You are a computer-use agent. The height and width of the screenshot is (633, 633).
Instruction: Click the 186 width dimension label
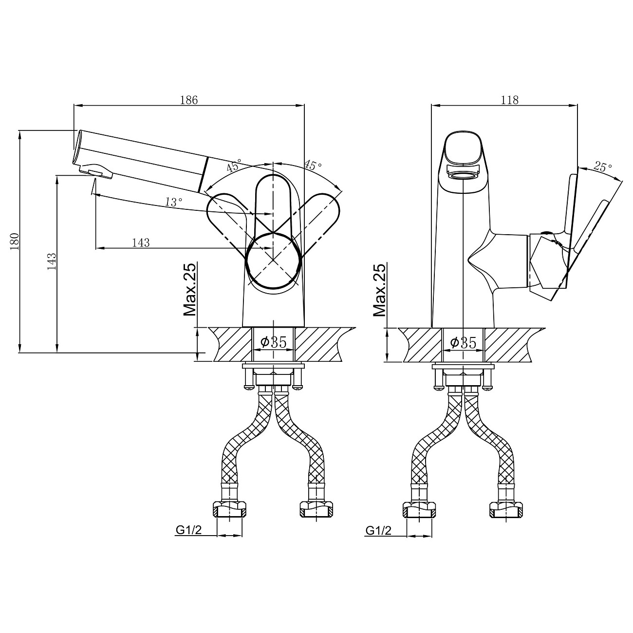click(x=189, y=100)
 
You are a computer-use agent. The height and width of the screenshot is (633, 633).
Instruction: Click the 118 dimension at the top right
click(x=509, y=100)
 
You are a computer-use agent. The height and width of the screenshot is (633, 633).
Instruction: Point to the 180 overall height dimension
click(x=15, y=242)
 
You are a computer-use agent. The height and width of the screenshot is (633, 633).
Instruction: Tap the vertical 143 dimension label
click(x=52, y=262)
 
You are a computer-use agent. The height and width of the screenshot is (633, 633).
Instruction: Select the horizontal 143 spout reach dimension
click(x=141, y=243)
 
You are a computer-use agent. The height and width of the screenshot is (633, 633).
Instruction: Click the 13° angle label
click(x=173, y=202)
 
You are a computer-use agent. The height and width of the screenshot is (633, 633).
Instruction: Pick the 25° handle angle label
click(x=603, y=168)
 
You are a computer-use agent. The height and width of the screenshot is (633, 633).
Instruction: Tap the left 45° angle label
click(x=234, y=166)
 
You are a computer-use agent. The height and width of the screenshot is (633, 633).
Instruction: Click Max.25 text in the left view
click(x=189, y=289)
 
